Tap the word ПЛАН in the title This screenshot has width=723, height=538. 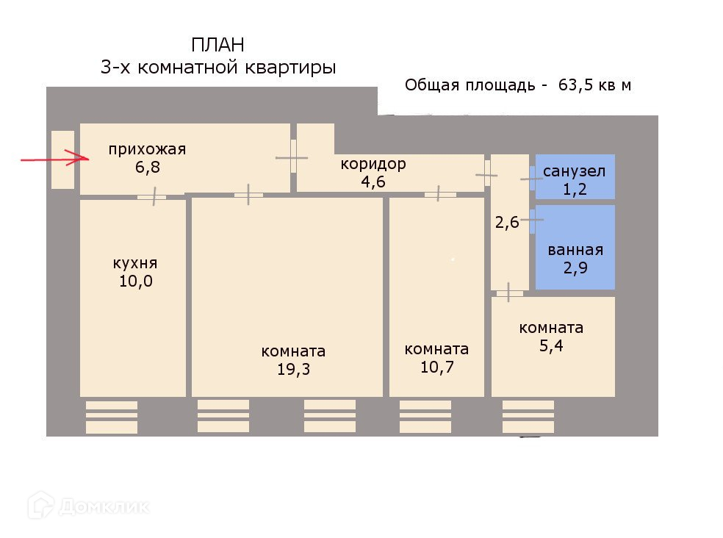coord(218,46)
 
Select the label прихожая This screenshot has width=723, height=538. coord(147,150)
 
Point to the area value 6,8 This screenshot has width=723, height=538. coord(146,167)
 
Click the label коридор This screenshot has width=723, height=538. coord(373,164)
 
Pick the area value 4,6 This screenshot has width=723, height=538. coord(373,181)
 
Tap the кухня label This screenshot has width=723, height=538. coord(135,263)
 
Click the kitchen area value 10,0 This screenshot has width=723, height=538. coord(135,281)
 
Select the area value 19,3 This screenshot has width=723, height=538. coord(293,369)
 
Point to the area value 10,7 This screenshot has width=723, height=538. coord(436,367)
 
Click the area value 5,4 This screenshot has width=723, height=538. coord(551,345)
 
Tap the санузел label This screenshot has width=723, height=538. coord(574,172)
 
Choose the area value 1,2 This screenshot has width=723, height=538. coord(574,189)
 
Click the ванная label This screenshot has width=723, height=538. coord(575,250)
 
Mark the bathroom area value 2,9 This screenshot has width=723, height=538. coord(575,268)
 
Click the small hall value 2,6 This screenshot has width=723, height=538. coord(507,223)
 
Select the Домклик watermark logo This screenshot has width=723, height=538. coord(88,505)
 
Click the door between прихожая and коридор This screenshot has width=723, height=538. coord(293,157)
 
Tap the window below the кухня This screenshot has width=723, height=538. coord(112,417)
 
